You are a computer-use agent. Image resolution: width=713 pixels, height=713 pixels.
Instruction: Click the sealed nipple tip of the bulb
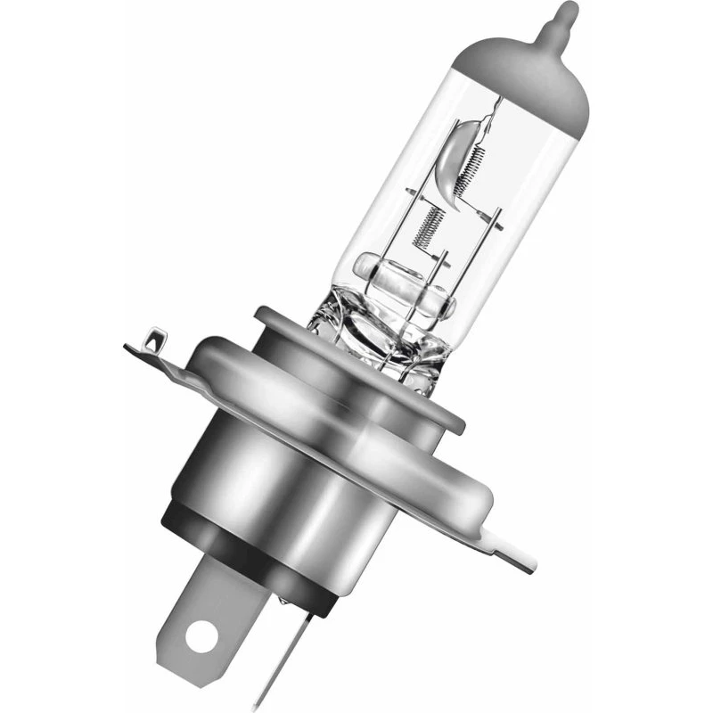[x=560, y=17]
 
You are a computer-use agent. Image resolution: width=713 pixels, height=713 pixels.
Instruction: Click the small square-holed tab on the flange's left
[x=152, y=341]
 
